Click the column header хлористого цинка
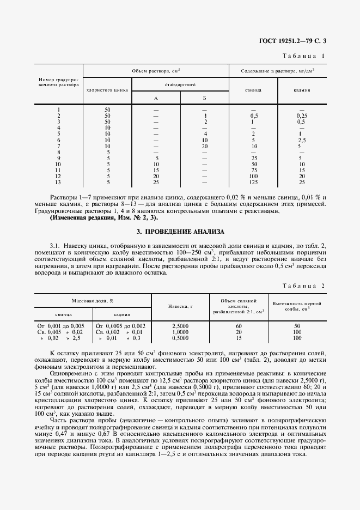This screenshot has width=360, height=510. pos(107,90)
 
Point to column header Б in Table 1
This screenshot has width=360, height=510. pos(205,99)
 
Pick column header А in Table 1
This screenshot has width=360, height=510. pos(156,99)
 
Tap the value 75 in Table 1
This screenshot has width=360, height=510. pos(254,170)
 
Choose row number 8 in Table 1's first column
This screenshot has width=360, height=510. pos(58,152)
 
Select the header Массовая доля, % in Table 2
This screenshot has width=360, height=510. pos(92,301)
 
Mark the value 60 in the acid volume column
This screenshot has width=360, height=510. pos(239,325)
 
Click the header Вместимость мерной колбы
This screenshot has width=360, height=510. pos(297,306)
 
